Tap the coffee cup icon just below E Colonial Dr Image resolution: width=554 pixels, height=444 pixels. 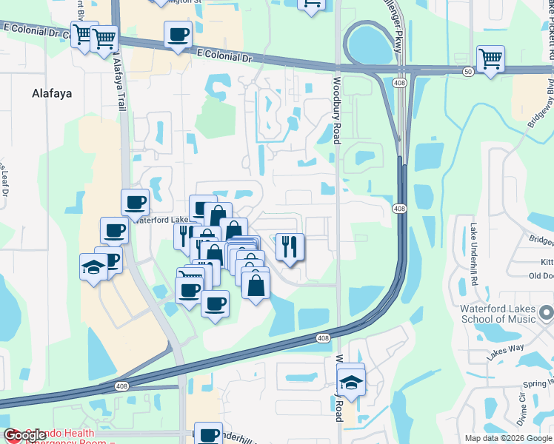(178, 35)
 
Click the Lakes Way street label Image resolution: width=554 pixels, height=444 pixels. (505, 348)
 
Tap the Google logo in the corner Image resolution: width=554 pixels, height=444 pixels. (25, 436)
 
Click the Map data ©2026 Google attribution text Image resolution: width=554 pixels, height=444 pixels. (508, 438)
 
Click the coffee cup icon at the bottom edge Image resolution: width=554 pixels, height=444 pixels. (210, 435)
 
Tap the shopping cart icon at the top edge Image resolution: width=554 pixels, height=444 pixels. (312, 4)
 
